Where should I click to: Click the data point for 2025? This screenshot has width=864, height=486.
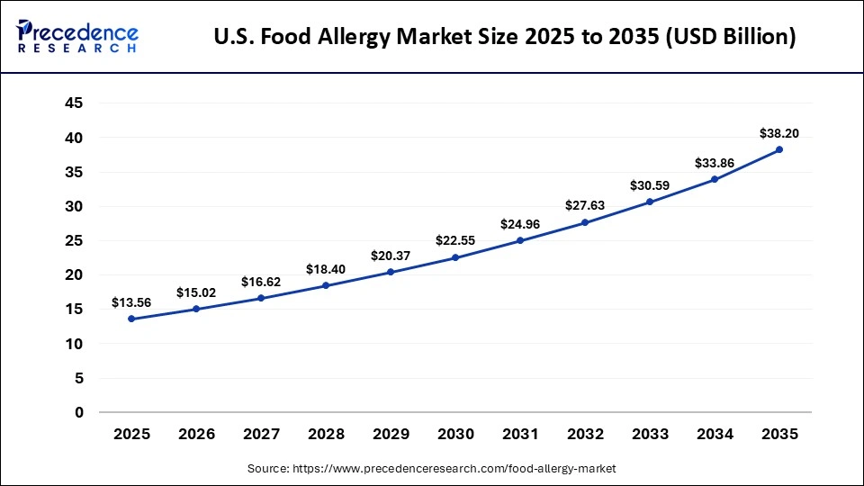[131, 319]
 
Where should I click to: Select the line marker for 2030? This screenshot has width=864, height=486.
[455, 257]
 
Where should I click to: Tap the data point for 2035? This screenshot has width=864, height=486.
[779, 149]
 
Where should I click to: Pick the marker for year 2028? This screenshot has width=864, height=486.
[326, 285]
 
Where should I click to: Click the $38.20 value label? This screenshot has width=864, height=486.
[779, 133]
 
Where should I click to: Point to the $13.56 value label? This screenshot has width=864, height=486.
[131, 302]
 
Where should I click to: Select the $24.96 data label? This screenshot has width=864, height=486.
[520, 224]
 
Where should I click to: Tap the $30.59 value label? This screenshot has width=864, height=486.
[650, 185]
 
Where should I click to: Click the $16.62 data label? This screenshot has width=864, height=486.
[261, 282]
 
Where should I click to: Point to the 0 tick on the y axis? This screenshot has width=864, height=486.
[79, 412]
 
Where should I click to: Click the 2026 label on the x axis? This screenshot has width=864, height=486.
[196, 434]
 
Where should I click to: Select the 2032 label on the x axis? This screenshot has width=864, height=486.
[585, 434]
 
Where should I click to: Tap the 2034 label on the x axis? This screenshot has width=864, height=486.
[715, 434]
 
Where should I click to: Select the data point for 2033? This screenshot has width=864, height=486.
[650, 202]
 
